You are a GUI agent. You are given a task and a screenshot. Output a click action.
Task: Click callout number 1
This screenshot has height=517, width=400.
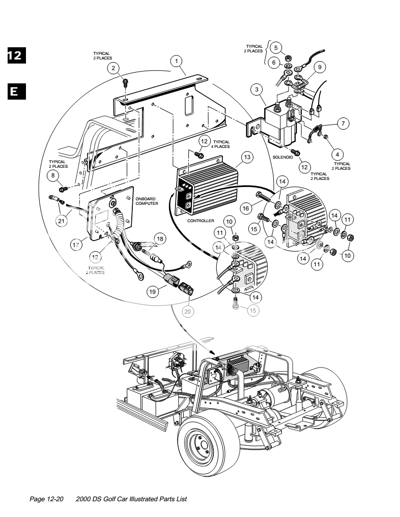(177, 61)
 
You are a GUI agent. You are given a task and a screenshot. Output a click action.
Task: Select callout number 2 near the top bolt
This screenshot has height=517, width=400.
(113, 68)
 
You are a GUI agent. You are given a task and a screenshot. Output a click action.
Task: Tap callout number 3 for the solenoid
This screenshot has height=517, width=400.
(257, 89)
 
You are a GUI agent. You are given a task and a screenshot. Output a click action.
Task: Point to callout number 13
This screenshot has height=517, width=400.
(247, 157)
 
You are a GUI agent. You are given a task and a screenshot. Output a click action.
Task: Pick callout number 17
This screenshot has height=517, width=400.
(76, 245)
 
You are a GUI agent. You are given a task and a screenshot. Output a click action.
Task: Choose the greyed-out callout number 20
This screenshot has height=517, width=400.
(187, 312)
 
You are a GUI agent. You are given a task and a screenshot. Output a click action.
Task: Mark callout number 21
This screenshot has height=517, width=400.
(62, 221)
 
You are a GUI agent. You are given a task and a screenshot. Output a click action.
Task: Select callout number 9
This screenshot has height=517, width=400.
(320, 67)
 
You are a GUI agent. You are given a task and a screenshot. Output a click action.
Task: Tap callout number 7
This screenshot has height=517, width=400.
(343, 124)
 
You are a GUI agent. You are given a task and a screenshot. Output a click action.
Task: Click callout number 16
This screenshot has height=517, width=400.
(245, 208)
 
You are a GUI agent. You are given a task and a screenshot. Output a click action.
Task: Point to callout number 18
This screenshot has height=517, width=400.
(160, 239)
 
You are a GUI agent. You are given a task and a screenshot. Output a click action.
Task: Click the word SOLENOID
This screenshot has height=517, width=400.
(283, 157)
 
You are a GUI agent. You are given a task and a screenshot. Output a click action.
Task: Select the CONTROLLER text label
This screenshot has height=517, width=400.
(201, 221)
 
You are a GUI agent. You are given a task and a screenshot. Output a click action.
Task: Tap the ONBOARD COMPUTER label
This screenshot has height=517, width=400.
(147, 201)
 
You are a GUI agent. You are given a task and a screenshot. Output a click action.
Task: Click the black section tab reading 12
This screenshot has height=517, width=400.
(16, 55)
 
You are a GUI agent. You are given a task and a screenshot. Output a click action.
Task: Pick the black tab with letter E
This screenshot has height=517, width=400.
(16, 92)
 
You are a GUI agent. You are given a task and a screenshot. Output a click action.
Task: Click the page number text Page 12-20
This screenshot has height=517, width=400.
(46, 499)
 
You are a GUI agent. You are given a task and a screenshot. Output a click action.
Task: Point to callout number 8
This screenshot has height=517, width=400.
(53, 175)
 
